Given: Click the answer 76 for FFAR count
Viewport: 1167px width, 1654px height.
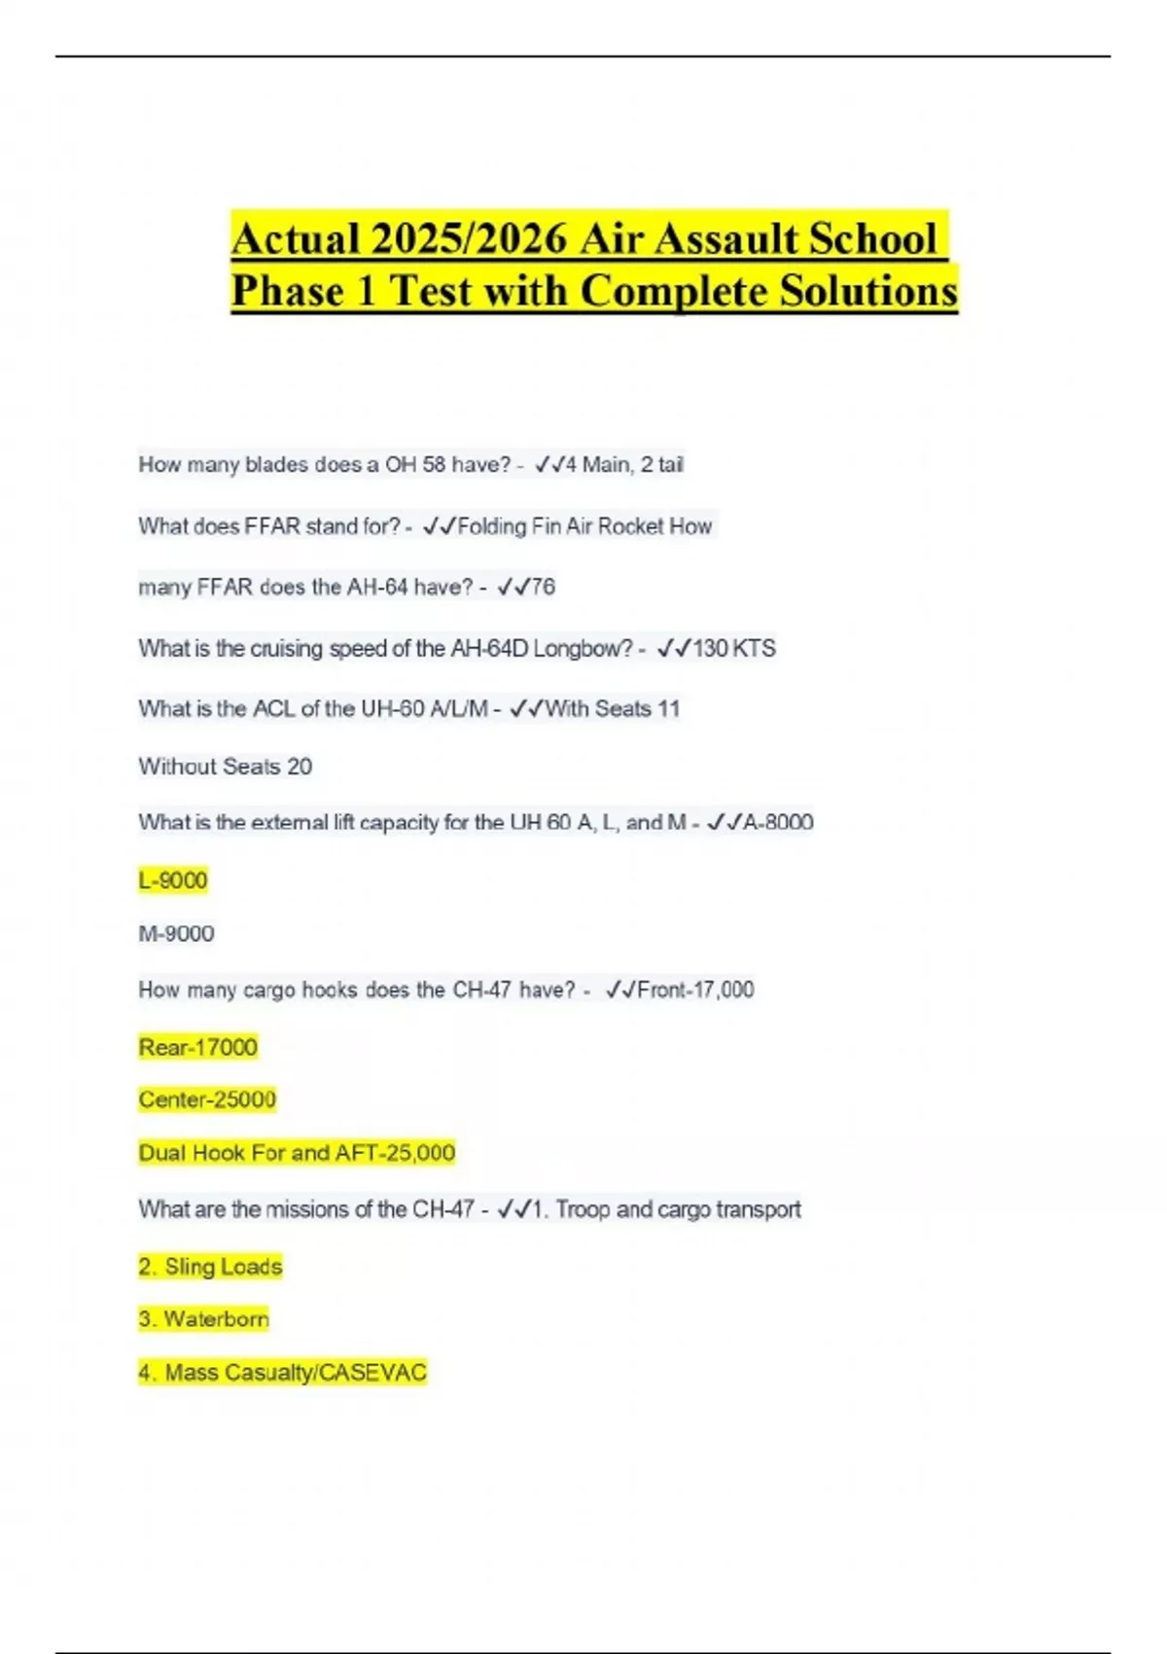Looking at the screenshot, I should pyautogui.click(x=543, y=587).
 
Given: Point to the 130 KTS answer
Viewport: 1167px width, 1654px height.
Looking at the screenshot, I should pyautogui.click(x=734, y=648).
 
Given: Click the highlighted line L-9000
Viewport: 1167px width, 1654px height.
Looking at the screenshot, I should pyautogui.click(x=173, y=881).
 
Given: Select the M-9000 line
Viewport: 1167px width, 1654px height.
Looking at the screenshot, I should pyautogui.click(x=176, y=934).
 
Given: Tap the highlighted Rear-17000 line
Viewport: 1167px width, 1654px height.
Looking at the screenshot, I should pyautogui.click(x=198, y=1047).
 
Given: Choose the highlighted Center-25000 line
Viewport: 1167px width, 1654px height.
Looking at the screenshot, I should pyautogui.click(x=207, y=1099).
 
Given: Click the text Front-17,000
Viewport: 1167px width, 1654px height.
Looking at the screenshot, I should pyautogui.click(x=695, y=989).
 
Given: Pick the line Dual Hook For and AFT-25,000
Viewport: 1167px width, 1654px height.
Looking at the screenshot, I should pyautogui.click(x=297, y=1153).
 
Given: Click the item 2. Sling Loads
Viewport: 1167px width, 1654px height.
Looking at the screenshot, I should pyautogui.click(x=210, y=1267).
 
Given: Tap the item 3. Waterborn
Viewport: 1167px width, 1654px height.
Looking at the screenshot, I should pyautogui.click(x=203, y=1319).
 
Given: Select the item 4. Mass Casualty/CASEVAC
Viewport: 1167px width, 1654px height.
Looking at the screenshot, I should pyautogui.click(x=282, y=1373).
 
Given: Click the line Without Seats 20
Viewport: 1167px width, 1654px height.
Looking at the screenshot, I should pyautogui.click(x=225, y=767).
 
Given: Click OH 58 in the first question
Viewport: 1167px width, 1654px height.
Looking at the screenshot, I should pyautogui.click(x=416, y=465).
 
